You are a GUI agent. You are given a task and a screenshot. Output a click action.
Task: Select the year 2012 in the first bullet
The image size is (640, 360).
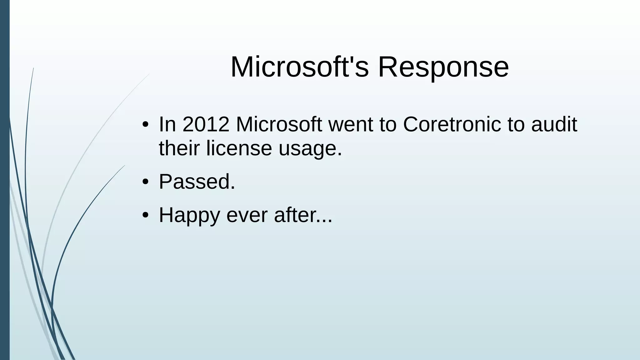[x=206, y=124]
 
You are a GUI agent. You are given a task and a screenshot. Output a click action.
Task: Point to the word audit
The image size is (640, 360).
[x=554, y=124]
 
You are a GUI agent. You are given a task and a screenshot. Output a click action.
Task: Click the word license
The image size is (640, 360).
[x=239, y=148]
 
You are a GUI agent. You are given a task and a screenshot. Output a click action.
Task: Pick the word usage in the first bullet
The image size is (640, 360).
[x=310, y=149]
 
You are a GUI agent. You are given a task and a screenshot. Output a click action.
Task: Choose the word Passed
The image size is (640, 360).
[x=197, y=182]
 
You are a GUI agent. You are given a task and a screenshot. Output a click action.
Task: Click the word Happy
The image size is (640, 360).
[x=189, y=216]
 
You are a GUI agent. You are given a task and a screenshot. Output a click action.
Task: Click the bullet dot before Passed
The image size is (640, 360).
[x=145, y=182]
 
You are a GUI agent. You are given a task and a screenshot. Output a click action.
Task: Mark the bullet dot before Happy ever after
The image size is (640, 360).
[x=145, y=216]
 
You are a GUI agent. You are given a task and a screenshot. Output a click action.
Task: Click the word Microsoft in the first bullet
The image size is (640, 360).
[x=279, y=124]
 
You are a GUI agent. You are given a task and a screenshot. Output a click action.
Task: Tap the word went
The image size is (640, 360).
[x=351, y=124]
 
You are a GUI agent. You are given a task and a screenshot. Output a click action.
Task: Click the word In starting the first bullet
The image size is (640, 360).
[x=167, y=124]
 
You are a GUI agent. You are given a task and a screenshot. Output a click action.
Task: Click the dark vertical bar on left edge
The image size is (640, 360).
[x=5, y=180]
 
